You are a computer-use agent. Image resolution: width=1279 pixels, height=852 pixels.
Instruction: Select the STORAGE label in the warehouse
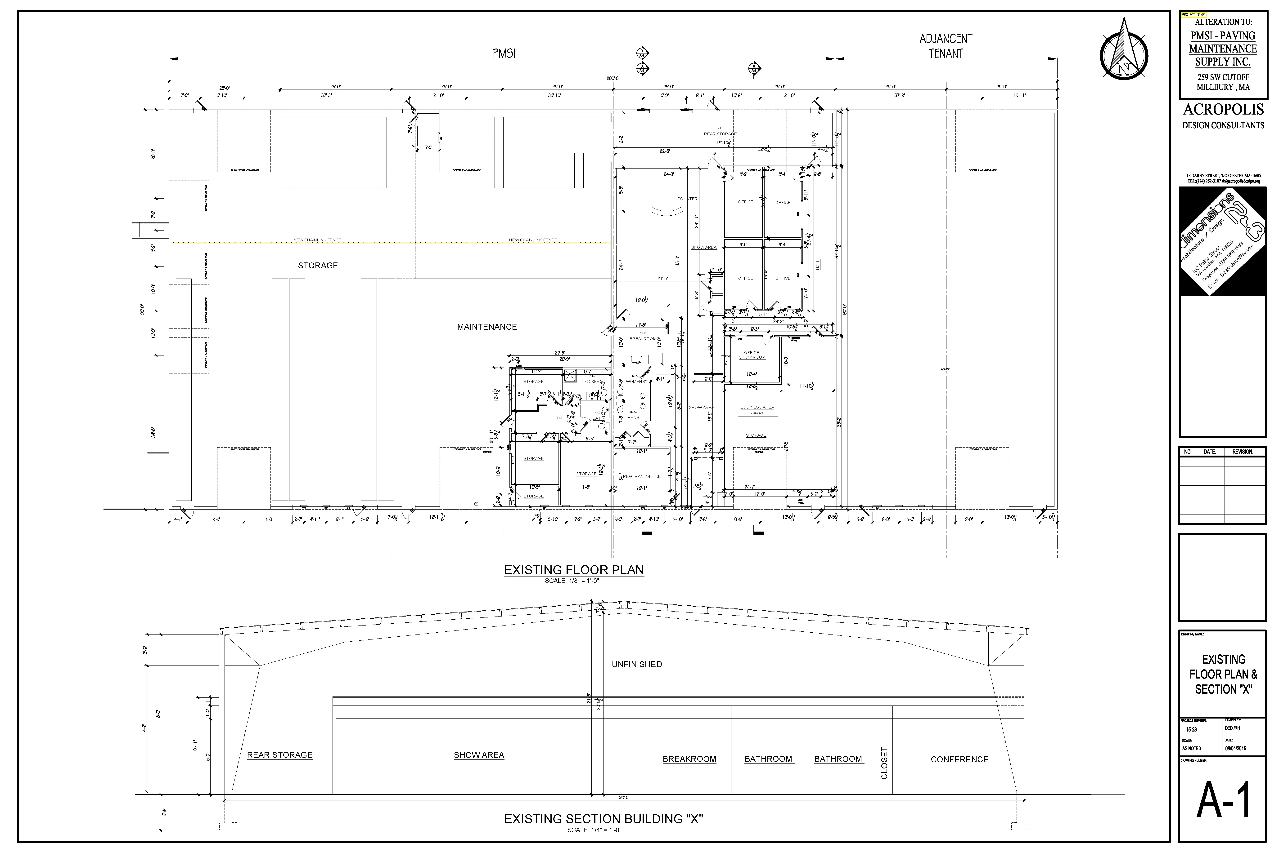click(x=318, y=266)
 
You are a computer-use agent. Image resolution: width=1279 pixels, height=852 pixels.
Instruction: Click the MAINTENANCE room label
click(x=487, y=327)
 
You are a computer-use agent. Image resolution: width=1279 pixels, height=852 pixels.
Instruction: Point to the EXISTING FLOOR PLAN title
click(x=574, y=570)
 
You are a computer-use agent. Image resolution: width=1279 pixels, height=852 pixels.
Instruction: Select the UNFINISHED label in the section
click(x=636, y=665)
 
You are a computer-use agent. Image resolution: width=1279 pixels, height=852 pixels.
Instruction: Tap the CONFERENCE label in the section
click(x=959, y=760)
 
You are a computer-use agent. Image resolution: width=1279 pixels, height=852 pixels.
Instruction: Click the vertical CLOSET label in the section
click(x=884, y=763)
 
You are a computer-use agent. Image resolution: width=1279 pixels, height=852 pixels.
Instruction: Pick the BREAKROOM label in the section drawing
click(x=689, y=759)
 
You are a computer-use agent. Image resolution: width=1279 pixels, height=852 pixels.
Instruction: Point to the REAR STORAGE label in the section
click(x=279, y=755)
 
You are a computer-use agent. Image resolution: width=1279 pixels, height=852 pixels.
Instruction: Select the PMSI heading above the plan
click(x=504, y=53)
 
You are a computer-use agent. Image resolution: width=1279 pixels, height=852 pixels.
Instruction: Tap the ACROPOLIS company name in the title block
click(x=1223, y=110)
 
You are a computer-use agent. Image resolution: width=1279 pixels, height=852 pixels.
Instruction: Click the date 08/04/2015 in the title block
click(x=1235, y=748)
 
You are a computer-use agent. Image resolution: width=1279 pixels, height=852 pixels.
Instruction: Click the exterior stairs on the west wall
click(x=139, y=230)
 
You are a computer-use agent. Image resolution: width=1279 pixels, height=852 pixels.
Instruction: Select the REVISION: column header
click(x=1243, y=452)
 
